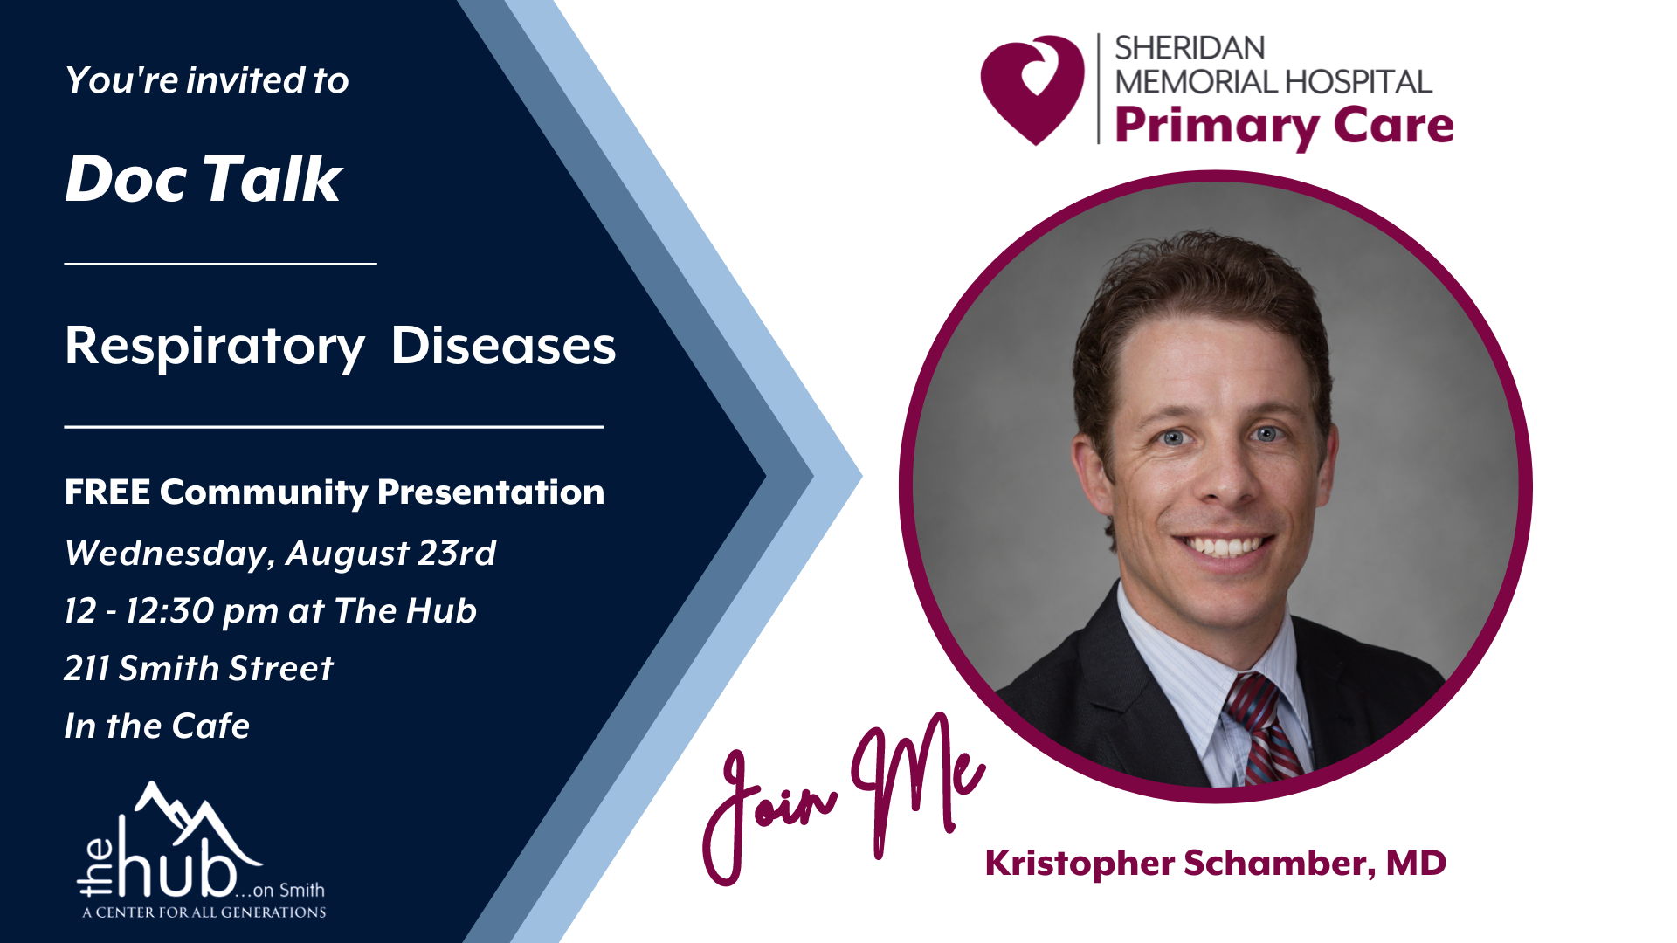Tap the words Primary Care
tap(1284, 127)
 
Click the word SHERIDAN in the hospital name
tap(1177, 48)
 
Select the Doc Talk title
tap(204, 179)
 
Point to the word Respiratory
tap(215, 347)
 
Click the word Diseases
tap(503, 346)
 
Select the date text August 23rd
tap(390, 554)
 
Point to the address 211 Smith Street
tap(199, 668)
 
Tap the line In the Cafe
tap(157, 726)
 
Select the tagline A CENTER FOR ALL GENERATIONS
tap(204, 912)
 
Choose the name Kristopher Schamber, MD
tap(1216, 863)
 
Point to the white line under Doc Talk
tap(220, 263)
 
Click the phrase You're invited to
tap(207, 80)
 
